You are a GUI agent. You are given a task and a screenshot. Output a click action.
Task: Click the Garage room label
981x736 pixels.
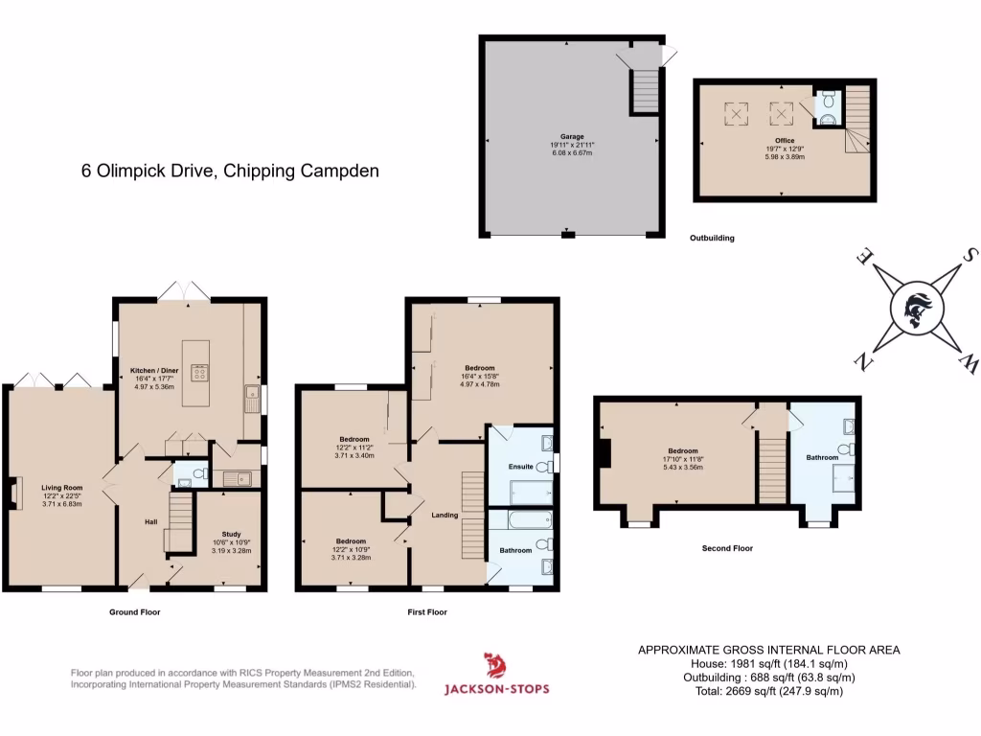(572, 136)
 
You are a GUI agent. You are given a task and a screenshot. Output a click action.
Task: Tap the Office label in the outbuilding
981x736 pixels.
(784, 141)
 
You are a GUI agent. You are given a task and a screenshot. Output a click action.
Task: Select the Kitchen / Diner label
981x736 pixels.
(154, 370)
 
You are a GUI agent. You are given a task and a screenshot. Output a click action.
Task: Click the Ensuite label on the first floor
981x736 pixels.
(522, 467)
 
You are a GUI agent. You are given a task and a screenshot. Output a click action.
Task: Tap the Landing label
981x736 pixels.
(445, 515)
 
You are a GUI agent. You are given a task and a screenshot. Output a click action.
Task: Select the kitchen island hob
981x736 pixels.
(200, 371)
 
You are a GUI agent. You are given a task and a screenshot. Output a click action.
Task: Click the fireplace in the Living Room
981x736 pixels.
(16, 493)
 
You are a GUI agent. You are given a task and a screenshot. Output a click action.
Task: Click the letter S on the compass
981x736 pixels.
(970, 254)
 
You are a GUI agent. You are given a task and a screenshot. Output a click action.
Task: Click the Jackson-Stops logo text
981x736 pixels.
(496, 688)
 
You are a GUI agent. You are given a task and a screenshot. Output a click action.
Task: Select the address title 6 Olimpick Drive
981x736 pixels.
(230, 172)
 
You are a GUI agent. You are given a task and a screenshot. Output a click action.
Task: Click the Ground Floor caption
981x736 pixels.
(134, 611)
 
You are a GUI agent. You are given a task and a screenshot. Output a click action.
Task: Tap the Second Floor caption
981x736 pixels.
(727, 548)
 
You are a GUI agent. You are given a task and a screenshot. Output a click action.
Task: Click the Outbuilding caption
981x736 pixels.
(712, 238)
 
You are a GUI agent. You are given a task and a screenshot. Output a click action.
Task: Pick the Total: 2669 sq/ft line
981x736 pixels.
(768, 690)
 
